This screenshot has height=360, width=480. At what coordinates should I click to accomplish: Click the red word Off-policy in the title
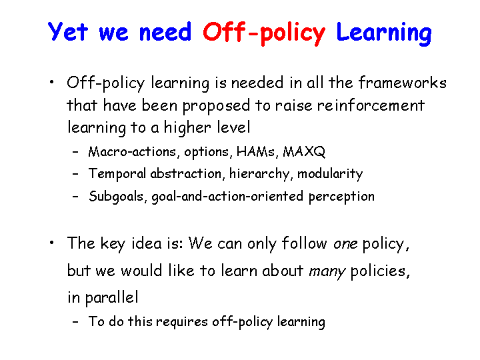tap(264, 33)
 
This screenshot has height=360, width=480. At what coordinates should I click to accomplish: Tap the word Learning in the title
tap(384, 34)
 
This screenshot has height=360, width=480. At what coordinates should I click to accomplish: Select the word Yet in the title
tap(67, 31)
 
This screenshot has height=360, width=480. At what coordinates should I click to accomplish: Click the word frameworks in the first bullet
tap(403, 83)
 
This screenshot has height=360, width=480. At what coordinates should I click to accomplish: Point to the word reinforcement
tap(371, 105)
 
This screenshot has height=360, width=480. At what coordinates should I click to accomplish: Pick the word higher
tap(187, 127)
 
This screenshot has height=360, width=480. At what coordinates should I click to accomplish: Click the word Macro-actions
tap(132, 151)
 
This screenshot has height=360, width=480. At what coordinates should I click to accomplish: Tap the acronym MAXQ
tap(304, 151)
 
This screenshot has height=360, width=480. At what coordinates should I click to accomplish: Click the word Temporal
tap(117, 174)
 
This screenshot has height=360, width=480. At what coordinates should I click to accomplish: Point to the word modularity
tap(330, 174)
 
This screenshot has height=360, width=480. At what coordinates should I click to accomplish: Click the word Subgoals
tap(116, 197)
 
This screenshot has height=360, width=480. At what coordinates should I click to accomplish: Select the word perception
tap(341, 197)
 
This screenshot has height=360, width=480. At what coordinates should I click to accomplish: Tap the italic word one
tap(345, 244)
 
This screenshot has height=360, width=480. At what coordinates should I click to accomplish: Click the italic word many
tap(327, 271)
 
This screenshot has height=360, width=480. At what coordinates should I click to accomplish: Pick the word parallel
tap(111, 297)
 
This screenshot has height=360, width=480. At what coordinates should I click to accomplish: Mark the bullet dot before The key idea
tap(52, 243)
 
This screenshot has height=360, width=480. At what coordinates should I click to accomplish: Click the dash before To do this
tap(75, 322)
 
